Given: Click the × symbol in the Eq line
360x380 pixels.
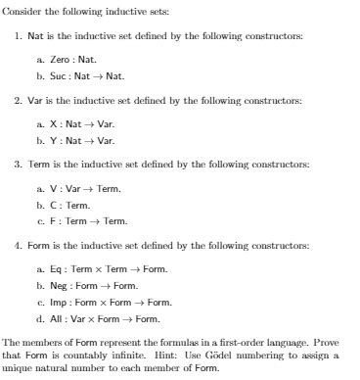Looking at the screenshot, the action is pos(97,269).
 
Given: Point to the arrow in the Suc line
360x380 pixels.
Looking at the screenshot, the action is pos(95,74).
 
